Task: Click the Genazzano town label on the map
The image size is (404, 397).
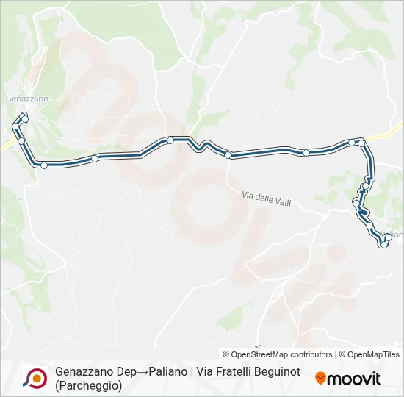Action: pyautogui.click(x=26, y=99)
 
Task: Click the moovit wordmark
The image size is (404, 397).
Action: pyautogui.click(x=355, y=379)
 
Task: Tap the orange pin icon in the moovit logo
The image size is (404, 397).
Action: pyautogui.click(x=320, y=379)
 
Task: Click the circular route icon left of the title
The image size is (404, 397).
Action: pyautogui.click(x=35, y=378)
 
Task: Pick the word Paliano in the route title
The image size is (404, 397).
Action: pyautogui.click(x=166, y=372)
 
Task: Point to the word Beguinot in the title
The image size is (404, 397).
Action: pyautogui.click(x=275, y=372)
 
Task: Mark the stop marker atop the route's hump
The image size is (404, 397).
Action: pyautogui.click(x=170, y=140)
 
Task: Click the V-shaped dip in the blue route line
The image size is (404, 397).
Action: pyautogui.click(x=199, y=149)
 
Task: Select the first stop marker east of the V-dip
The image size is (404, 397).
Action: pyautogui.click(x=228, y=155)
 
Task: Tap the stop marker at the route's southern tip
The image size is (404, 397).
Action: pyautogui.click(x=383, y=245)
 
